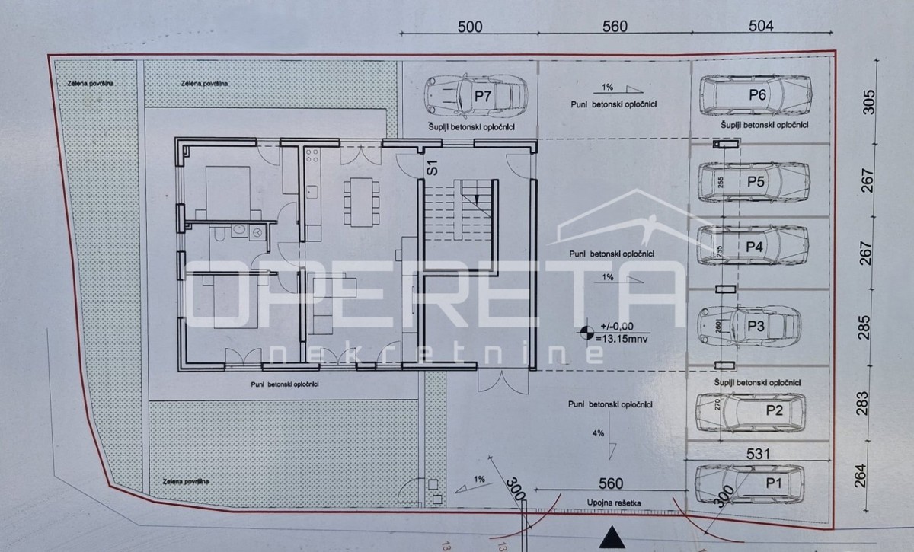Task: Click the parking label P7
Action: coord(483,96)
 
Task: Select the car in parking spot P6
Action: coord(754,95)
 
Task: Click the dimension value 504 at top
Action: coord(760,26)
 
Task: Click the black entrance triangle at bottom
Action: coord(608,537)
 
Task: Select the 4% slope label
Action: coord(597,433)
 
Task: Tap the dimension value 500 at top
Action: coord(470,26)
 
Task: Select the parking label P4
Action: coord(754,247)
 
